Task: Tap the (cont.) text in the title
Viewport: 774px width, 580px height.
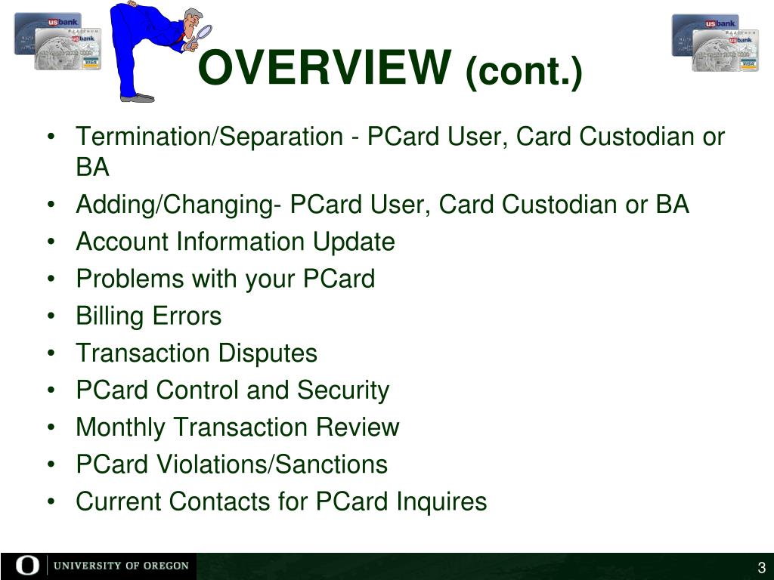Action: tap(524, 72)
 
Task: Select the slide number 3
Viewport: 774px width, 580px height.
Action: tap(762, 568)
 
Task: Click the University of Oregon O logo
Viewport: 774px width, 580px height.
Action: tap(25, 566)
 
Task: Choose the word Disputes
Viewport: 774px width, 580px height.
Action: tap(268, 353)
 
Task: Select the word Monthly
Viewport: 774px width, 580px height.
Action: tap(121, 427)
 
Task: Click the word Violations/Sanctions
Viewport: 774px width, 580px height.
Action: tap(272, 464)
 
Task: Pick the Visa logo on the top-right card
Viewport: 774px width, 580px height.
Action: tap(748, 64)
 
